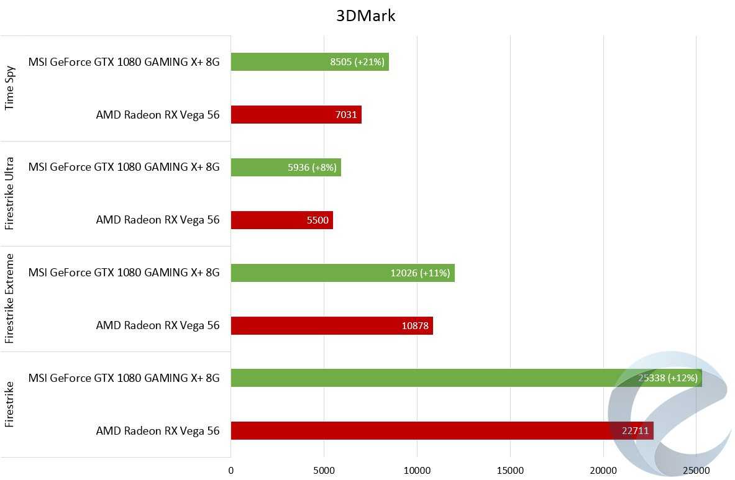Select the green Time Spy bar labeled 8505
coord(280,61)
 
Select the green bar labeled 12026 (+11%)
coord(311,273)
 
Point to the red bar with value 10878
coord(311,325)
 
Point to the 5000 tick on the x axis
coord(324,471)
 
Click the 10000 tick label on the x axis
coord(417,471)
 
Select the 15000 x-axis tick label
coord(510,471)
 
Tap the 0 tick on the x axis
coord(231,471)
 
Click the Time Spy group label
coord(10,88)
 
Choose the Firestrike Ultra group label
coord(10,193)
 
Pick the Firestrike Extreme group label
coord(10,299)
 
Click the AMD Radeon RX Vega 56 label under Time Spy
coord(157,115)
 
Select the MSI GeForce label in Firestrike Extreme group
coord(124,273)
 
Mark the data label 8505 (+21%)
coord(357,62)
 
